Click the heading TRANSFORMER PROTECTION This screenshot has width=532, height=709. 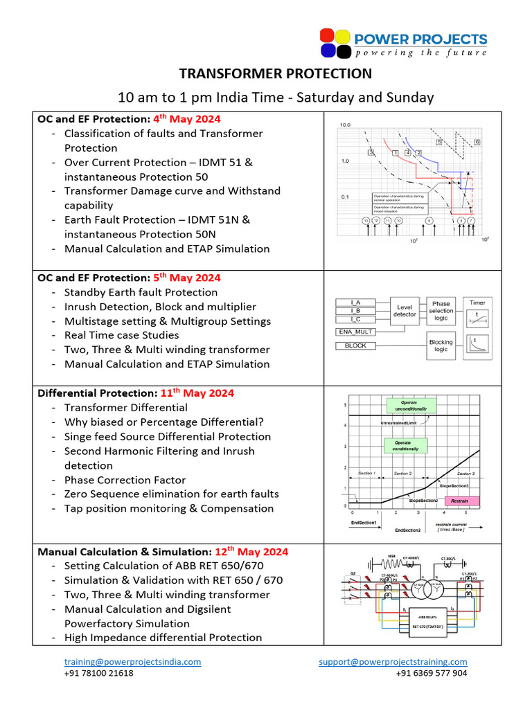point(276,73)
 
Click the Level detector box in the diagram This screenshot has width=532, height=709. point(405,311)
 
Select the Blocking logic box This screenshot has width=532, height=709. point(441,345)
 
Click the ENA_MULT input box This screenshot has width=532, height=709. point(356,332)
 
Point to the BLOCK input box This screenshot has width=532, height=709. point(356,345)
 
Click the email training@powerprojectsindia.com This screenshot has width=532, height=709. point(133,661)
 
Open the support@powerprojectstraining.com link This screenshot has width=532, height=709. point(393,661)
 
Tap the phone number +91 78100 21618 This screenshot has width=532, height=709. point(99,673)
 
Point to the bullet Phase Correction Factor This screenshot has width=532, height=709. point(125,480)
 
